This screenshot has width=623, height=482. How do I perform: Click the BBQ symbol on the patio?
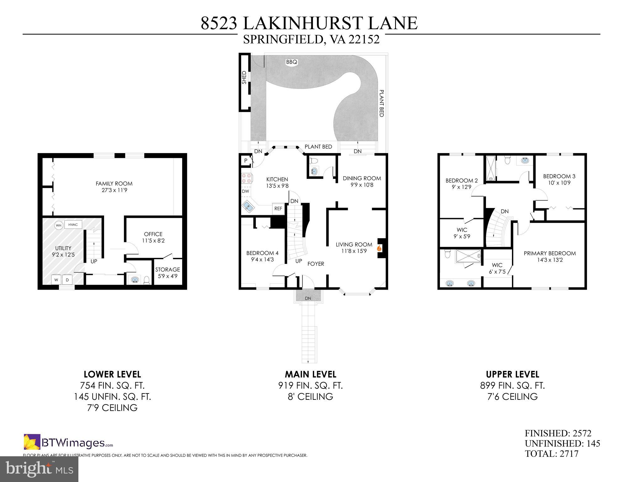coord(291,62)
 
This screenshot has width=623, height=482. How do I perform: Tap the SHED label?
coord(244,77)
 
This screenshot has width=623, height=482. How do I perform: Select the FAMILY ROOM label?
coord(114,184)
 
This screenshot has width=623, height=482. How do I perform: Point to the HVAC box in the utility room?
coord(73,225)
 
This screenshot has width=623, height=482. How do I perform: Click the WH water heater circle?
coord(58,225)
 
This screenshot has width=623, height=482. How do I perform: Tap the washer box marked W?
coord(56,280)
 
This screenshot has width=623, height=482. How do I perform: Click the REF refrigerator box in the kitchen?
coord(278,208)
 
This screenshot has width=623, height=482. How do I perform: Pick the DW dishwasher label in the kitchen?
coord(245,191)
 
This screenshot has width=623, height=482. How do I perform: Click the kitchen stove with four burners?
coord(246,178)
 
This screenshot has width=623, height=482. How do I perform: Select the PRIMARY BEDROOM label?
coord(550,253)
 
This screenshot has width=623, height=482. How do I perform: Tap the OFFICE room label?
coord(153,234)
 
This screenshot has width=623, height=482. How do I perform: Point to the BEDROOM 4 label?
coord(262,253)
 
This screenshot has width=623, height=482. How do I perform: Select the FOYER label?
coord(315,264)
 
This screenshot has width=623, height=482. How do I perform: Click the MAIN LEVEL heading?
coord(310,374)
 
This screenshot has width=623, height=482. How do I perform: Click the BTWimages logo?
coord(68,443)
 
